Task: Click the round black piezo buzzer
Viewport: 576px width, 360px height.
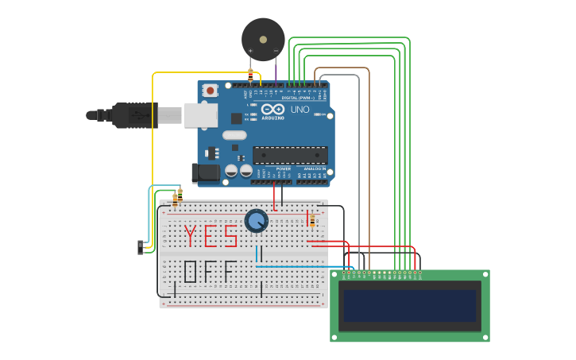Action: (263, 39)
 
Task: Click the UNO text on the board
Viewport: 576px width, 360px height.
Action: (300, 110)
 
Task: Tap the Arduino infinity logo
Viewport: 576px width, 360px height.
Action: (272, 109)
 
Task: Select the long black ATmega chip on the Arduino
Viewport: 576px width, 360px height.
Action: (290, 155)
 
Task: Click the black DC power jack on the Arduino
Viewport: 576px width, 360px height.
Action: (205, 172)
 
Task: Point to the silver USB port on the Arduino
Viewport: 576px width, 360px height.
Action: (200, 115)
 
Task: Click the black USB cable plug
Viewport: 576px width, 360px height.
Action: (135, 115)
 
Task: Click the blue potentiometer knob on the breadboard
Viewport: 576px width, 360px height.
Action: (256, 220)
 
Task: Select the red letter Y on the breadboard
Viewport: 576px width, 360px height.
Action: (191, 236)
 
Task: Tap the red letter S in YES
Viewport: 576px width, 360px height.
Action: (230, 236)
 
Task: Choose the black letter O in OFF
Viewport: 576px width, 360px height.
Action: (191, 272)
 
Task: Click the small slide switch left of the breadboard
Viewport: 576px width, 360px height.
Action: (141, 247)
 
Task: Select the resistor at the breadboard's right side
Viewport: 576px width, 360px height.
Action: (312, 220)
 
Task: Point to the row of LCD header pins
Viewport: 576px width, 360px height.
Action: (381, 274)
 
